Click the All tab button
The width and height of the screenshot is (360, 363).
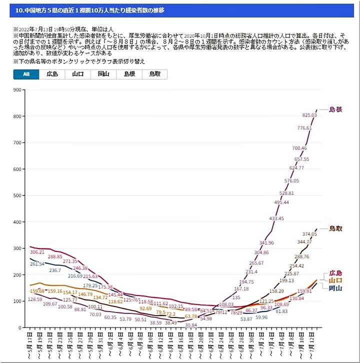tap(26, 74)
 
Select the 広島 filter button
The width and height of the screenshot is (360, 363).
tap(52, 74)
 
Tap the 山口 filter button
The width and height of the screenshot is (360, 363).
tap(77, 74)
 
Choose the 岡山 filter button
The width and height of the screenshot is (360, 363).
tap(103, 74)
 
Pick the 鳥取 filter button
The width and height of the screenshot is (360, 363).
tap(154, 74)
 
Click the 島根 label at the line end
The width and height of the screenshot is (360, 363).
tap(335, 109)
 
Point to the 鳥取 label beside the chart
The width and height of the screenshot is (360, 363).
tap(335, 228)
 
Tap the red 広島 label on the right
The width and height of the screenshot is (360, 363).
tap(335, 273)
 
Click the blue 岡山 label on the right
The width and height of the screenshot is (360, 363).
tap(335, 288)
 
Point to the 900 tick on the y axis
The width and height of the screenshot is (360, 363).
tap(18, 90)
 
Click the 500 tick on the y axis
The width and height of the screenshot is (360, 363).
tap(18, 195)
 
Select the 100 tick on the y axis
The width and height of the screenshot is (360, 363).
tap(18, 301)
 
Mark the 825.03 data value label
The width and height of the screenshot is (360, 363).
tap(309, 115)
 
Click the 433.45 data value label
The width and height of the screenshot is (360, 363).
tap(276, 218)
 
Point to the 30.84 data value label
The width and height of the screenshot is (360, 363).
tap(190, 325)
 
